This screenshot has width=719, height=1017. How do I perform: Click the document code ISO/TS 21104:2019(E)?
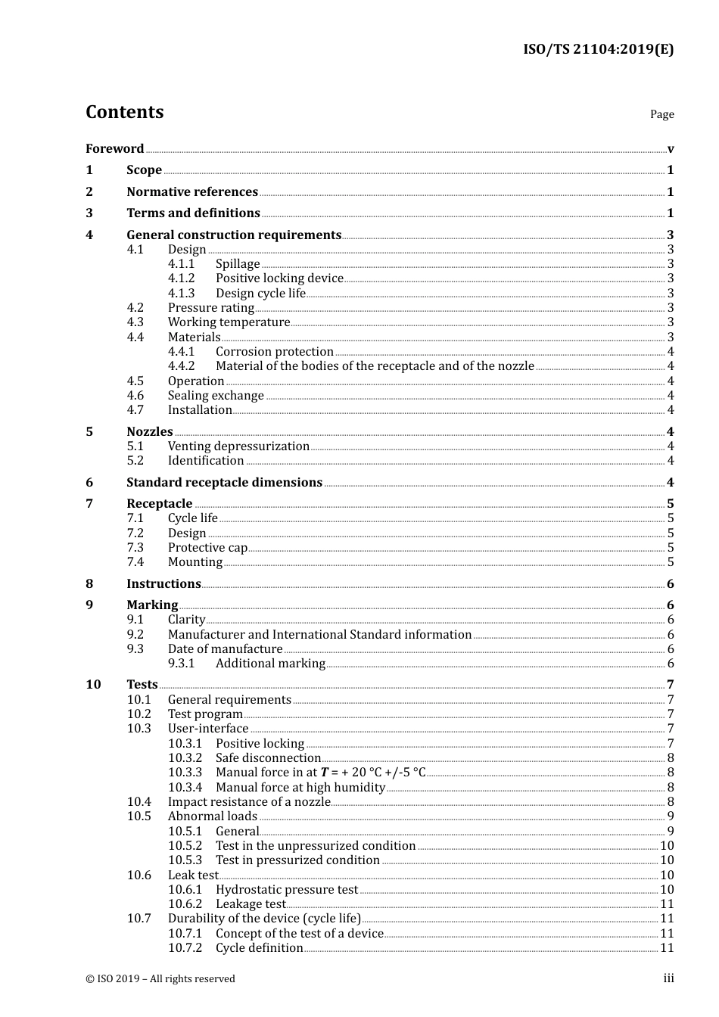click(598, 49)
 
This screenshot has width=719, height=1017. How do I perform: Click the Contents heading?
click(124, 112)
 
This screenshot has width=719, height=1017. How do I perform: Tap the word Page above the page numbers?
click(661, 114)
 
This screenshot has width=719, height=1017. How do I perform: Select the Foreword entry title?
click(114, 149)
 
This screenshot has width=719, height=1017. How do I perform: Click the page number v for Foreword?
click(671, 149)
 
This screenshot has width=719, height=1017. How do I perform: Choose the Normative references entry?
click(192, 192)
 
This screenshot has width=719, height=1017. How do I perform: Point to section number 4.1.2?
click(181, 278)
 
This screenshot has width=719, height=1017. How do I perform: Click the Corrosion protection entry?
click(274, 352)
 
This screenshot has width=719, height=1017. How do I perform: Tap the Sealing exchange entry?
click(216, 396)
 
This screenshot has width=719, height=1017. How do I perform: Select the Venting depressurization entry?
click(238, 446)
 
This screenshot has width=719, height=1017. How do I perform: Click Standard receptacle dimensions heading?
click(224, 483)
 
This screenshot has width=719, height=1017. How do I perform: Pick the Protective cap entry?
click(207, 548)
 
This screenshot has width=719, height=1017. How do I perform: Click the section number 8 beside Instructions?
click(89, 584)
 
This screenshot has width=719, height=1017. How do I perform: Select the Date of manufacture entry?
click(225, 649)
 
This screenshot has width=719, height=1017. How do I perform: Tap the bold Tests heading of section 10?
click(142, 685)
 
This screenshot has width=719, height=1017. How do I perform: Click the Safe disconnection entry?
click(268, 758)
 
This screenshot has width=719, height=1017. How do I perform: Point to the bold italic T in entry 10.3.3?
click(325, 773)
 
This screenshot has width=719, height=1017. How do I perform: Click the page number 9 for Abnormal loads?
click(671, 816)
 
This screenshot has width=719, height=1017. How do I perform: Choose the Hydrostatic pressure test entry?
click(286, 890)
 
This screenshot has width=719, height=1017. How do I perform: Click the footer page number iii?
click(668, 978)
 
